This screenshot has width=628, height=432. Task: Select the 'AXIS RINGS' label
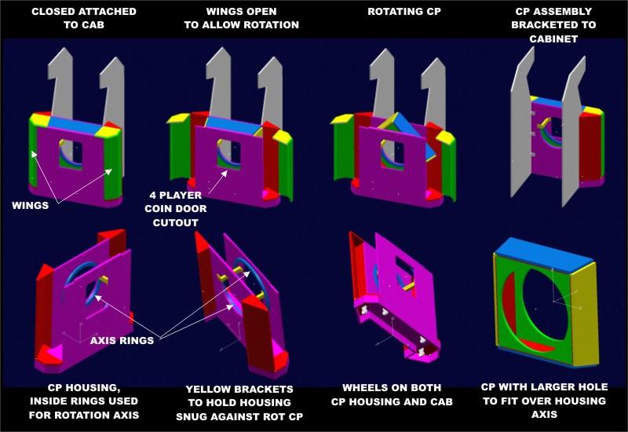point(122,340)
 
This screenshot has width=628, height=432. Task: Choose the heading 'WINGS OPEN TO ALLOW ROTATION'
point(241,18)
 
